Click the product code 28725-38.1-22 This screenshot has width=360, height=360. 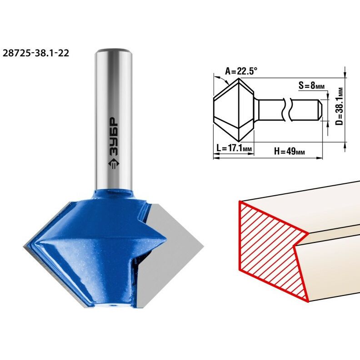point(36,53)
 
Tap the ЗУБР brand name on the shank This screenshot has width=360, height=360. point(114,137)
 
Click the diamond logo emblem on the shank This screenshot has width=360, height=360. point(114,163)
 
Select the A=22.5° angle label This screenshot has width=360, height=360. point(241,71)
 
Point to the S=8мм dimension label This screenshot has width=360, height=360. point(311,85)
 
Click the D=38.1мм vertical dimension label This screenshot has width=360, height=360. point(339,106)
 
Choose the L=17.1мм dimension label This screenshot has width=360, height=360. point(234,148)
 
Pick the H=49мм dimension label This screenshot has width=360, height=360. point(290,151)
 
